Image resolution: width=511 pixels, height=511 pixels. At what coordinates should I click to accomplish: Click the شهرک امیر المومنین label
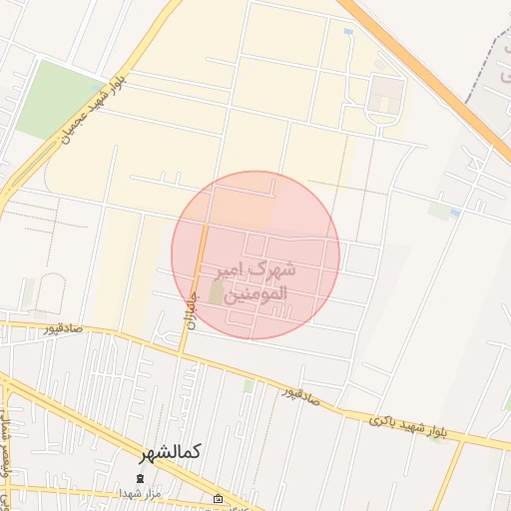255,282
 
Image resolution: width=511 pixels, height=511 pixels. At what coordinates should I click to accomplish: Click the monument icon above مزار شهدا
141,478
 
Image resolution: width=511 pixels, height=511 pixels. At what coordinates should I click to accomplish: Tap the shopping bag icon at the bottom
219,498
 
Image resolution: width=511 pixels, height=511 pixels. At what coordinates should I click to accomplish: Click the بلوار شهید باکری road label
408,426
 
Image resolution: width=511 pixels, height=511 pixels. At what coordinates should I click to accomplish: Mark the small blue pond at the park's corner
97,87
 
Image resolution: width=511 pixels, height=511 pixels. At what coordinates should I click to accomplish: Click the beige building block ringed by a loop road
386,97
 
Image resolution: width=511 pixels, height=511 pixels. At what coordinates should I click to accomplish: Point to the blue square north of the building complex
347,33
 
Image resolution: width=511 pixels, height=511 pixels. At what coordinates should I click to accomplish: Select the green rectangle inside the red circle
217,293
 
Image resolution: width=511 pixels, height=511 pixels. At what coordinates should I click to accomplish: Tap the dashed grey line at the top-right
493,60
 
